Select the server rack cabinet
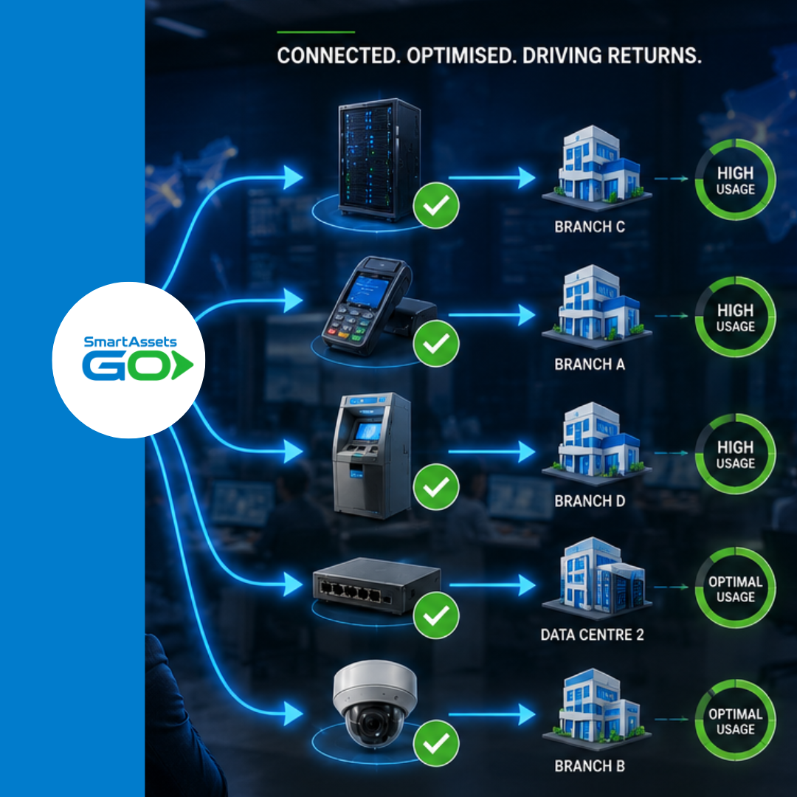click(x=379, y=159)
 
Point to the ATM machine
click(x=371, y=455)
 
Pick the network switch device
click(x=376, y=585)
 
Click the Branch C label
click(x=590, y=227)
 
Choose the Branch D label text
click(x=590, y=501)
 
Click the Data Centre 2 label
click(x=592, y=635)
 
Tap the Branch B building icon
click(x=596, y=710)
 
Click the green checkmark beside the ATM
click(x=436, y=487)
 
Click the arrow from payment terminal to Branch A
click(x=491, y=315)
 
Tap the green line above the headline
click(x=316, y=32)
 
